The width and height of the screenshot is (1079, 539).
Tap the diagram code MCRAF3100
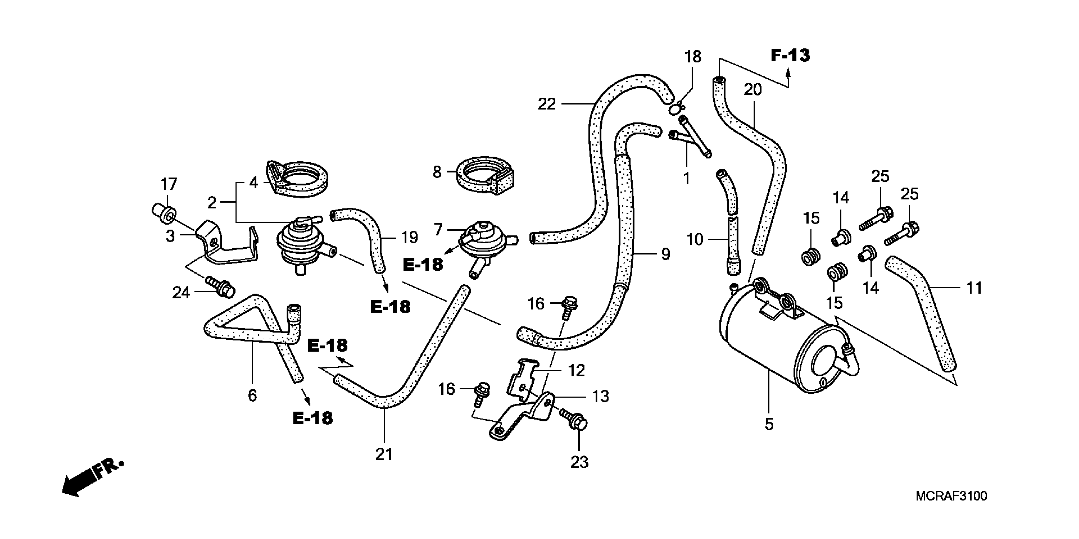[951, 496]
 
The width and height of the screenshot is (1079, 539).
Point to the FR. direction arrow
[92, 477]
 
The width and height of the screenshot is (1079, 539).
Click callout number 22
[547, 104]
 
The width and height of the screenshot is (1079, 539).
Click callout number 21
[384, 454]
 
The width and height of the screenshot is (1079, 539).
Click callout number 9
[666, 254]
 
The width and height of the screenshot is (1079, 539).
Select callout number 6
[252, 395]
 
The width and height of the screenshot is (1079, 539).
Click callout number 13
[601, 396]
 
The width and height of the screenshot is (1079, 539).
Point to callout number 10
[694, 240]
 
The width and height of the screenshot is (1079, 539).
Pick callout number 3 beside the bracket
[170, 236]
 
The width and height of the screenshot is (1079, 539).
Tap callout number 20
[752, 90]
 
